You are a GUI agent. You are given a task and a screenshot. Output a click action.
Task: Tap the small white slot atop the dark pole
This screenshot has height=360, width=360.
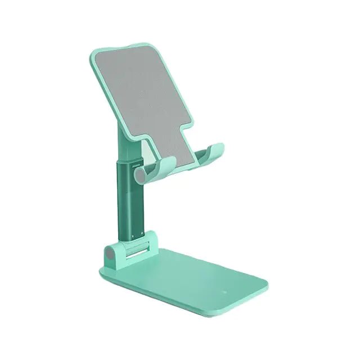pos(125,166)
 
